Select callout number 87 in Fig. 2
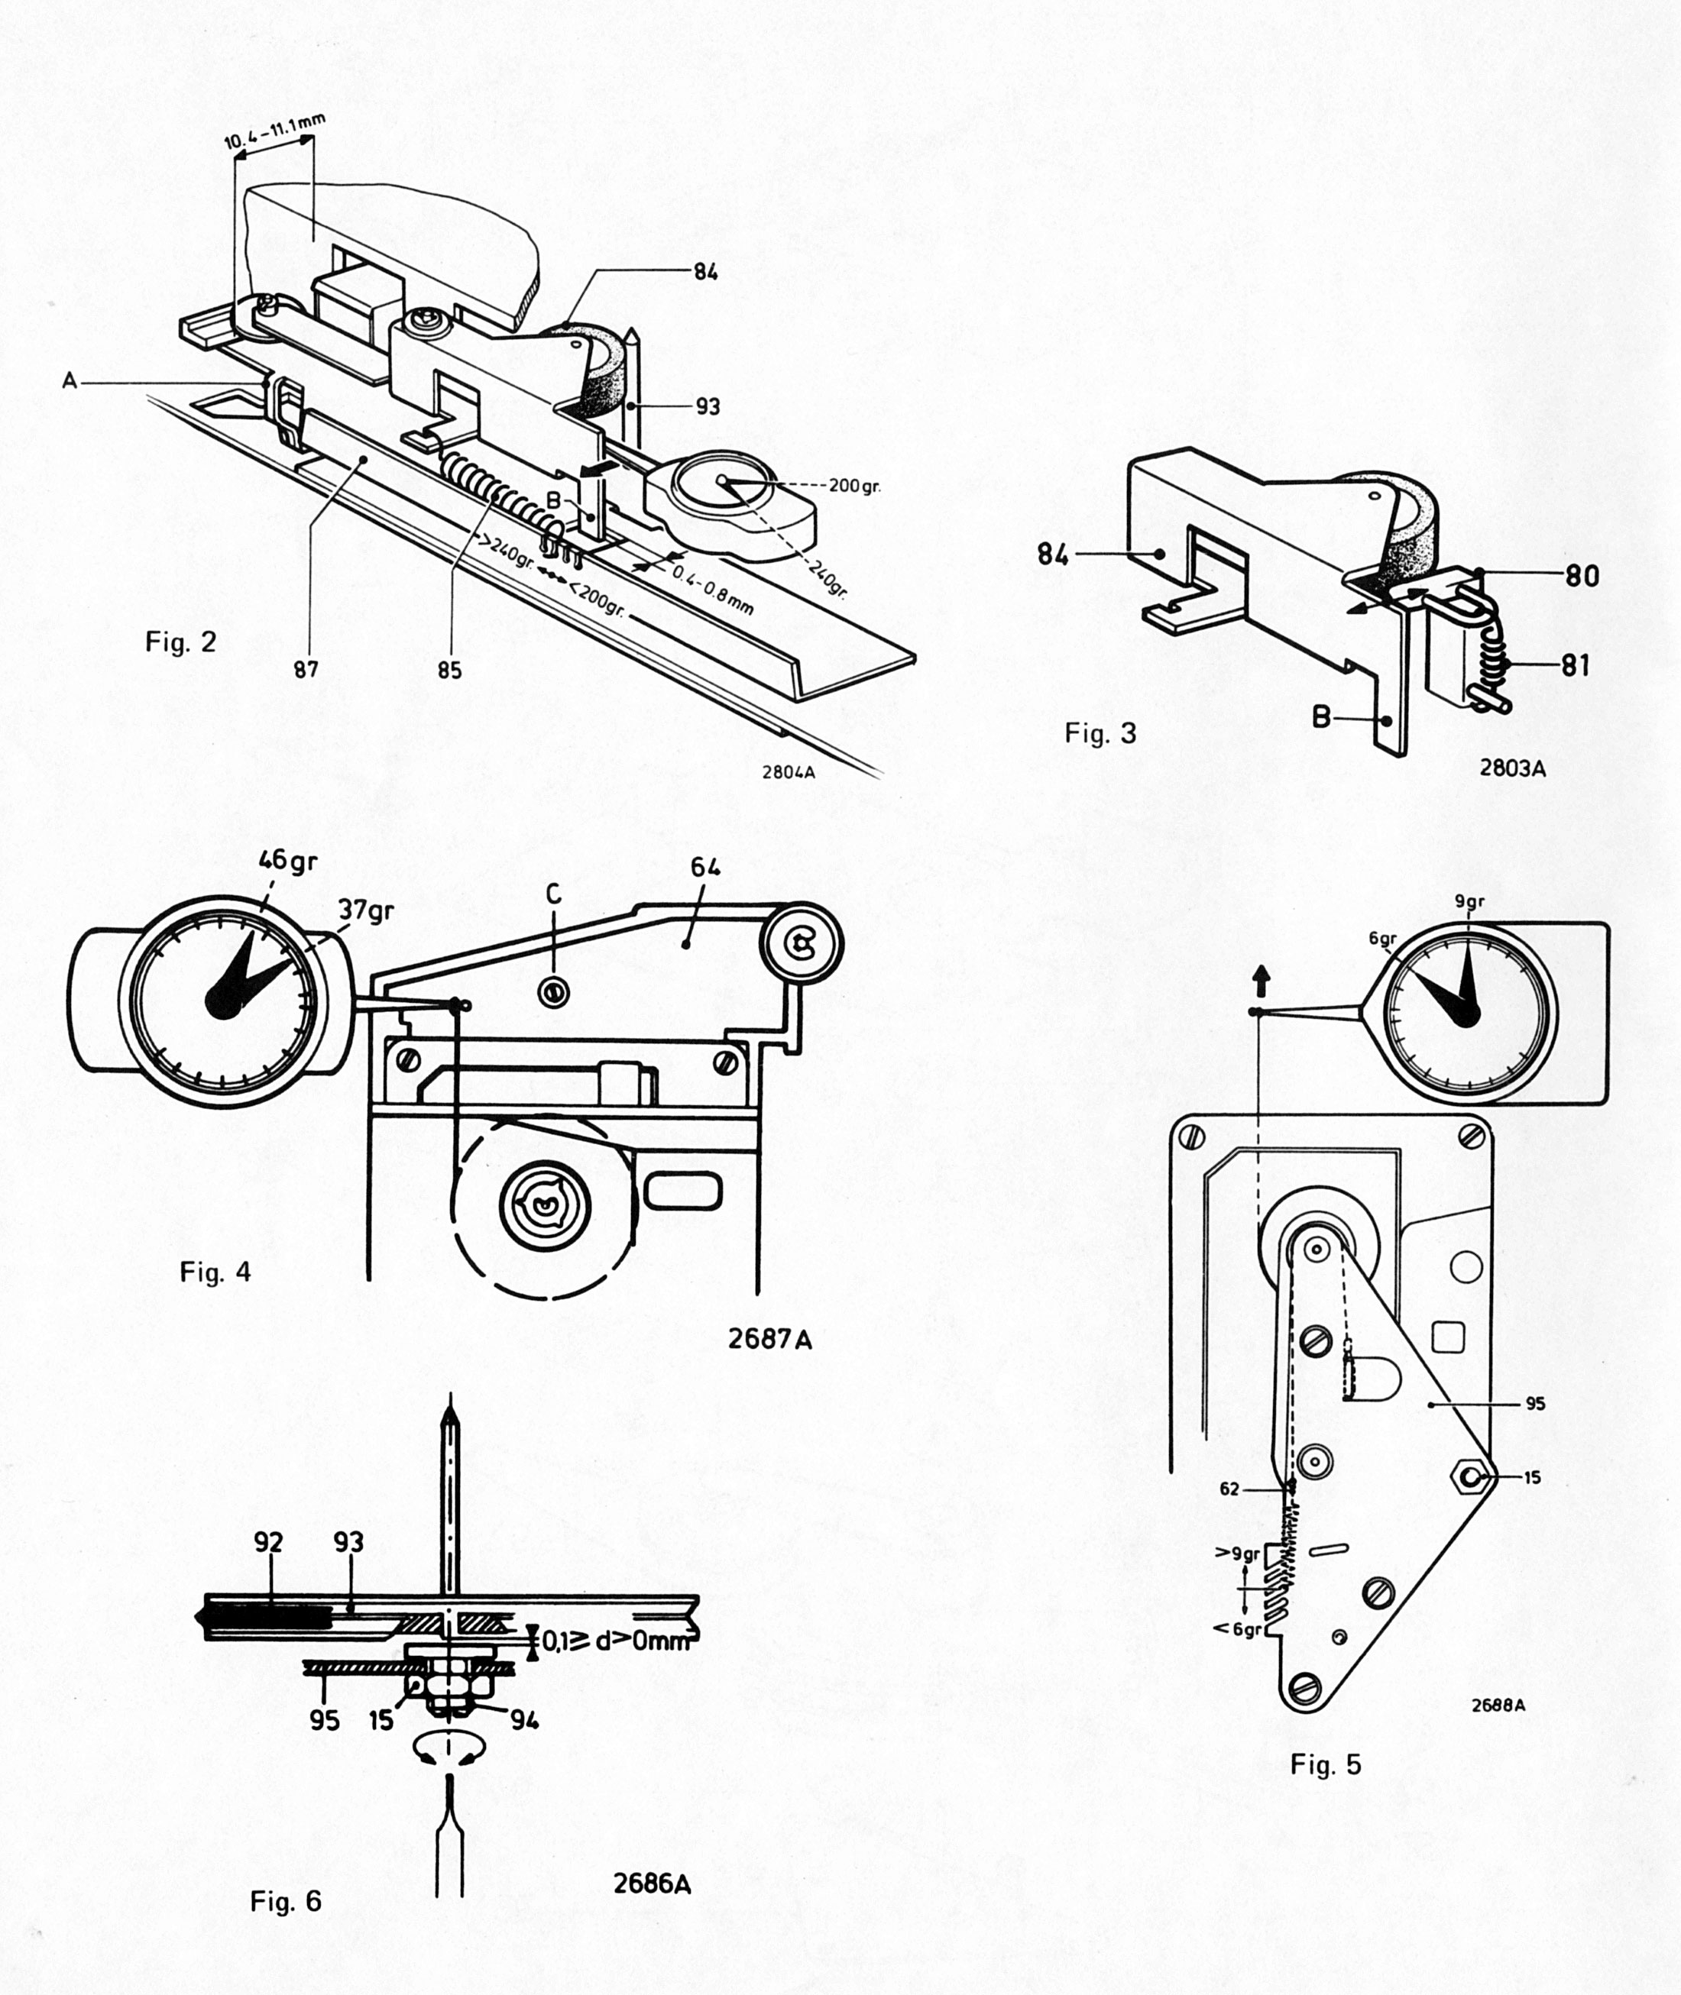click(x=305, y=670)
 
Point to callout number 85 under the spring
click(x=450, y=670)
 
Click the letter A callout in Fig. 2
click(x=70, y=381)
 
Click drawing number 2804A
click(x=788, y=771)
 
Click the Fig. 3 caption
click(x=1100, y=732)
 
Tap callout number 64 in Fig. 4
click(x=705, y=867)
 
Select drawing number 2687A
click(x=770, y=1339)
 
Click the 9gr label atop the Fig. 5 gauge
click(x=1469, y=900)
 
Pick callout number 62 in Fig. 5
click(x=1230, y=1488)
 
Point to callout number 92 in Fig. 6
click(x=269, y=1541)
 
